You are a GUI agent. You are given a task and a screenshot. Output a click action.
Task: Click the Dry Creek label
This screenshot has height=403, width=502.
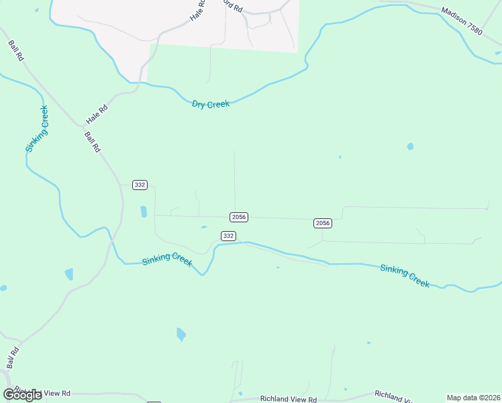coord(211,104)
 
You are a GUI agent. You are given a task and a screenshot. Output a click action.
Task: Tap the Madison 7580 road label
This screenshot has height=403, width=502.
coord(462,21)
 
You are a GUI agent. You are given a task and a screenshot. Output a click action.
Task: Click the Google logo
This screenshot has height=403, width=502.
coord(22,395)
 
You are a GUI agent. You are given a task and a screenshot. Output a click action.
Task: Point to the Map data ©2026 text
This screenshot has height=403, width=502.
coord(473,398)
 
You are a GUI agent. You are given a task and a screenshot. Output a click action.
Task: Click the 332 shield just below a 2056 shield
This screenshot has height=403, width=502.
coord(228,236)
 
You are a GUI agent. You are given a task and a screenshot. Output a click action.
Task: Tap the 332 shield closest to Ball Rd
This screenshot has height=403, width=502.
coord(140,185)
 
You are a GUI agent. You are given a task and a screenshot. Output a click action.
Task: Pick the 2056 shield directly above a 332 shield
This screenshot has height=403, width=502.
coord(239,217)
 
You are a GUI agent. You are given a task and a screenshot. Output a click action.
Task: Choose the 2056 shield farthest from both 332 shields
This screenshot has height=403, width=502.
coord(323,223)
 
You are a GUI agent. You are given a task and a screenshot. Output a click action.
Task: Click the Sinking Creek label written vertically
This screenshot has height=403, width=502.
coord(37,129)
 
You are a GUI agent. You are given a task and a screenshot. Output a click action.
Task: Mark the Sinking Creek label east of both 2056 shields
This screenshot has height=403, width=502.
coord(404,275)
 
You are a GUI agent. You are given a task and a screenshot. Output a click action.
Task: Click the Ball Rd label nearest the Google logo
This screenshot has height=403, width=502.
coord(12,357)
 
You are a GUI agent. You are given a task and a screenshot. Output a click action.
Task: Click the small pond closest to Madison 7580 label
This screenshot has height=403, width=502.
coord(410,146)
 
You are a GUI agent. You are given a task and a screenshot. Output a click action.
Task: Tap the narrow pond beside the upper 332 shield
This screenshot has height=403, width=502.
coord(144,212)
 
